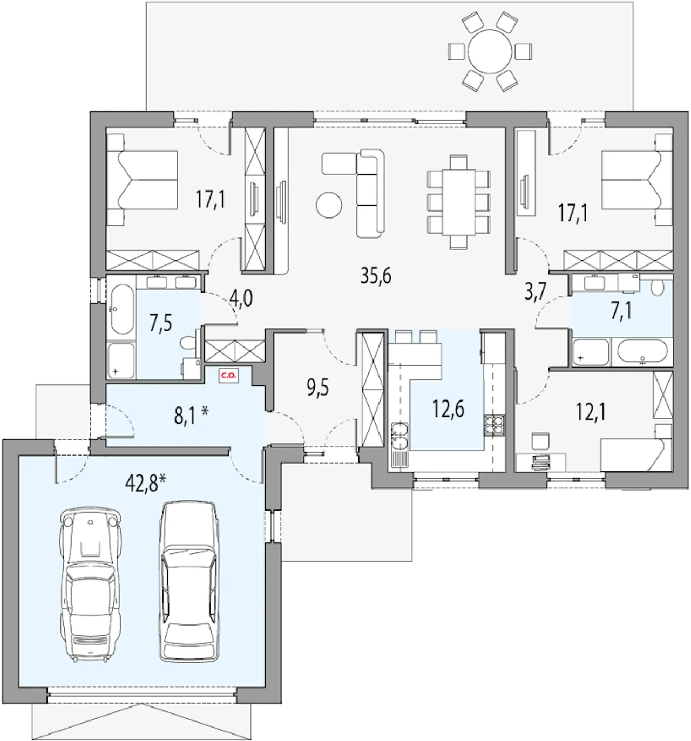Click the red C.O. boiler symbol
pos(228,376)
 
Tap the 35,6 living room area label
pos(376,276)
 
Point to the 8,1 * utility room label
pos(191,415)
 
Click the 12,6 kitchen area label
pos(449,409)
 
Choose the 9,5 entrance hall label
pos(317,389)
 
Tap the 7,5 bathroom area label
pos(160,323)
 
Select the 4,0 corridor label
pos(241,298)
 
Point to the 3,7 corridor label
pos(536,291)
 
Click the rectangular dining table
pos(458,202)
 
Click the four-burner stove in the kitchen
pos(493,425)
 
